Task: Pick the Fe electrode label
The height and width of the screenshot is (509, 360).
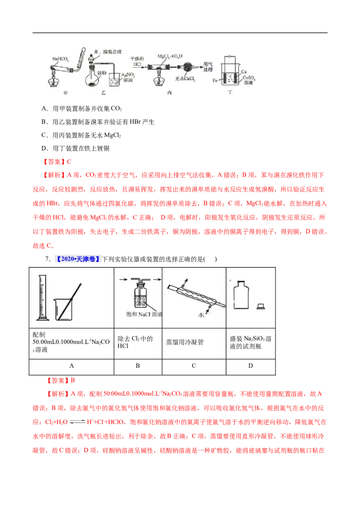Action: pos(216,80)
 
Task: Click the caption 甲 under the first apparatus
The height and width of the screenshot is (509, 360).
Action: pos(66,92)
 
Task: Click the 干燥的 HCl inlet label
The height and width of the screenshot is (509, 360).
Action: pos(136,62)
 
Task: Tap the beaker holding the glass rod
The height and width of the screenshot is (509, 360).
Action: pos(64,309)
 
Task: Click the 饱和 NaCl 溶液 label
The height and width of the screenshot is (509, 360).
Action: pos(138,313)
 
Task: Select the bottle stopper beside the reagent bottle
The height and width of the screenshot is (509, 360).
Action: pos(260,306)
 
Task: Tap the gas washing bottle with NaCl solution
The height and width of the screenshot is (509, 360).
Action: pos(138,296)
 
